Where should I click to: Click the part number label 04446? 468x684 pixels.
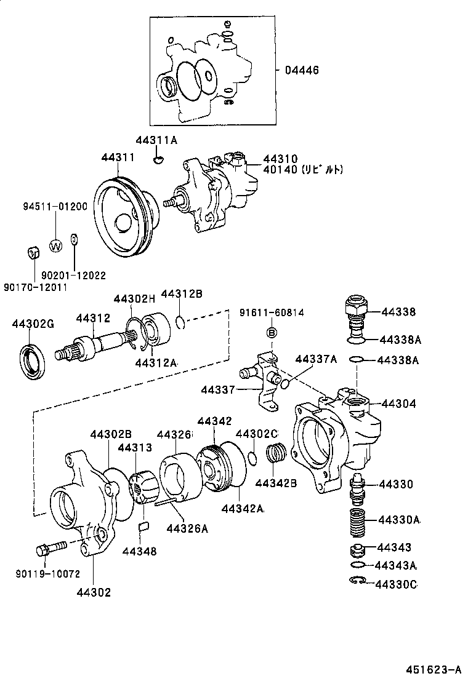coord(301,70)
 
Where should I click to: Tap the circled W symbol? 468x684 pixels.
coord(55,247)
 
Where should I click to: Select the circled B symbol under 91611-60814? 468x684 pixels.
coord(271,333)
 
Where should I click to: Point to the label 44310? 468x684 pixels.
coord(280,159)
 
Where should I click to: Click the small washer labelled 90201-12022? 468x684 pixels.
coord(75,239)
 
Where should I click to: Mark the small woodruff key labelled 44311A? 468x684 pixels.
coord(158,160)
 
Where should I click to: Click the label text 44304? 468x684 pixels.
coord(398,404)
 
